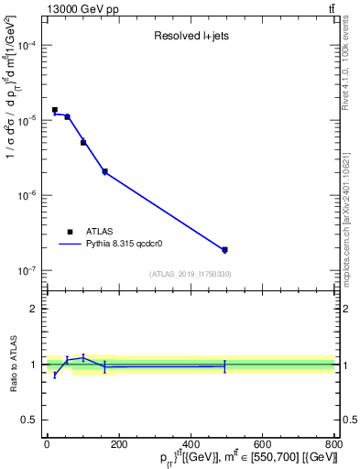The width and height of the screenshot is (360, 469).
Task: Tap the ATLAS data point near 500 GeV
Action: click(x=224, y=249)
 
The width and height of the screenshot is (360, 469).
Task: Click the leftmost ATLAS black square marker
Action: click(x=55, y=110)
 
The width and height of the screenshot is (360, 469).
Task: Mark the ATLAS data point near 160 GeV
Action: click(x=104, y=171)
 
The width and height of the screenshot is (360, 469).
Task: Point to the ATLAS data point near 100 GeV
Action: click(x=83, y=143)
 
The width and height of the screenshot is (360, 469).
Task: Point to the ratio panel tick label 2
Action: click(x=33, y=309)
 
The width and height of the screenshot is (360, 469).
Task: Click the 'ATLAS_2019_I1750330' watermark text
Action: click(x=191, y=274)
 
